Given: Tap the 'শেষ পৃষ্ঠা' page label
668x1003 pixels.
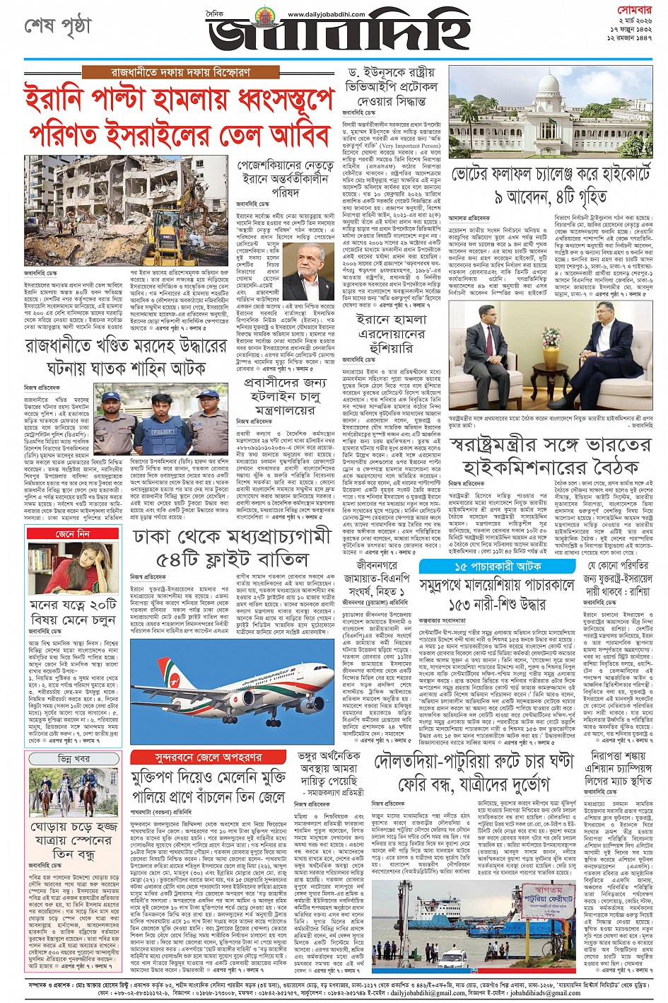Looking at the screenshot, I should pos(59,26).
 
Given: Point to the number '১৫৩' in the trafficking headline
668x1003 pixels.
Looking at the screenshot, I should pos(469,604).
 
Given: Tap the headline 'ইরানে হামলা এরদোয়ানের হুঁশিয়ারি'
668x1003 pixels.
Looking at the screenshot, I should pos(391,335).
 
